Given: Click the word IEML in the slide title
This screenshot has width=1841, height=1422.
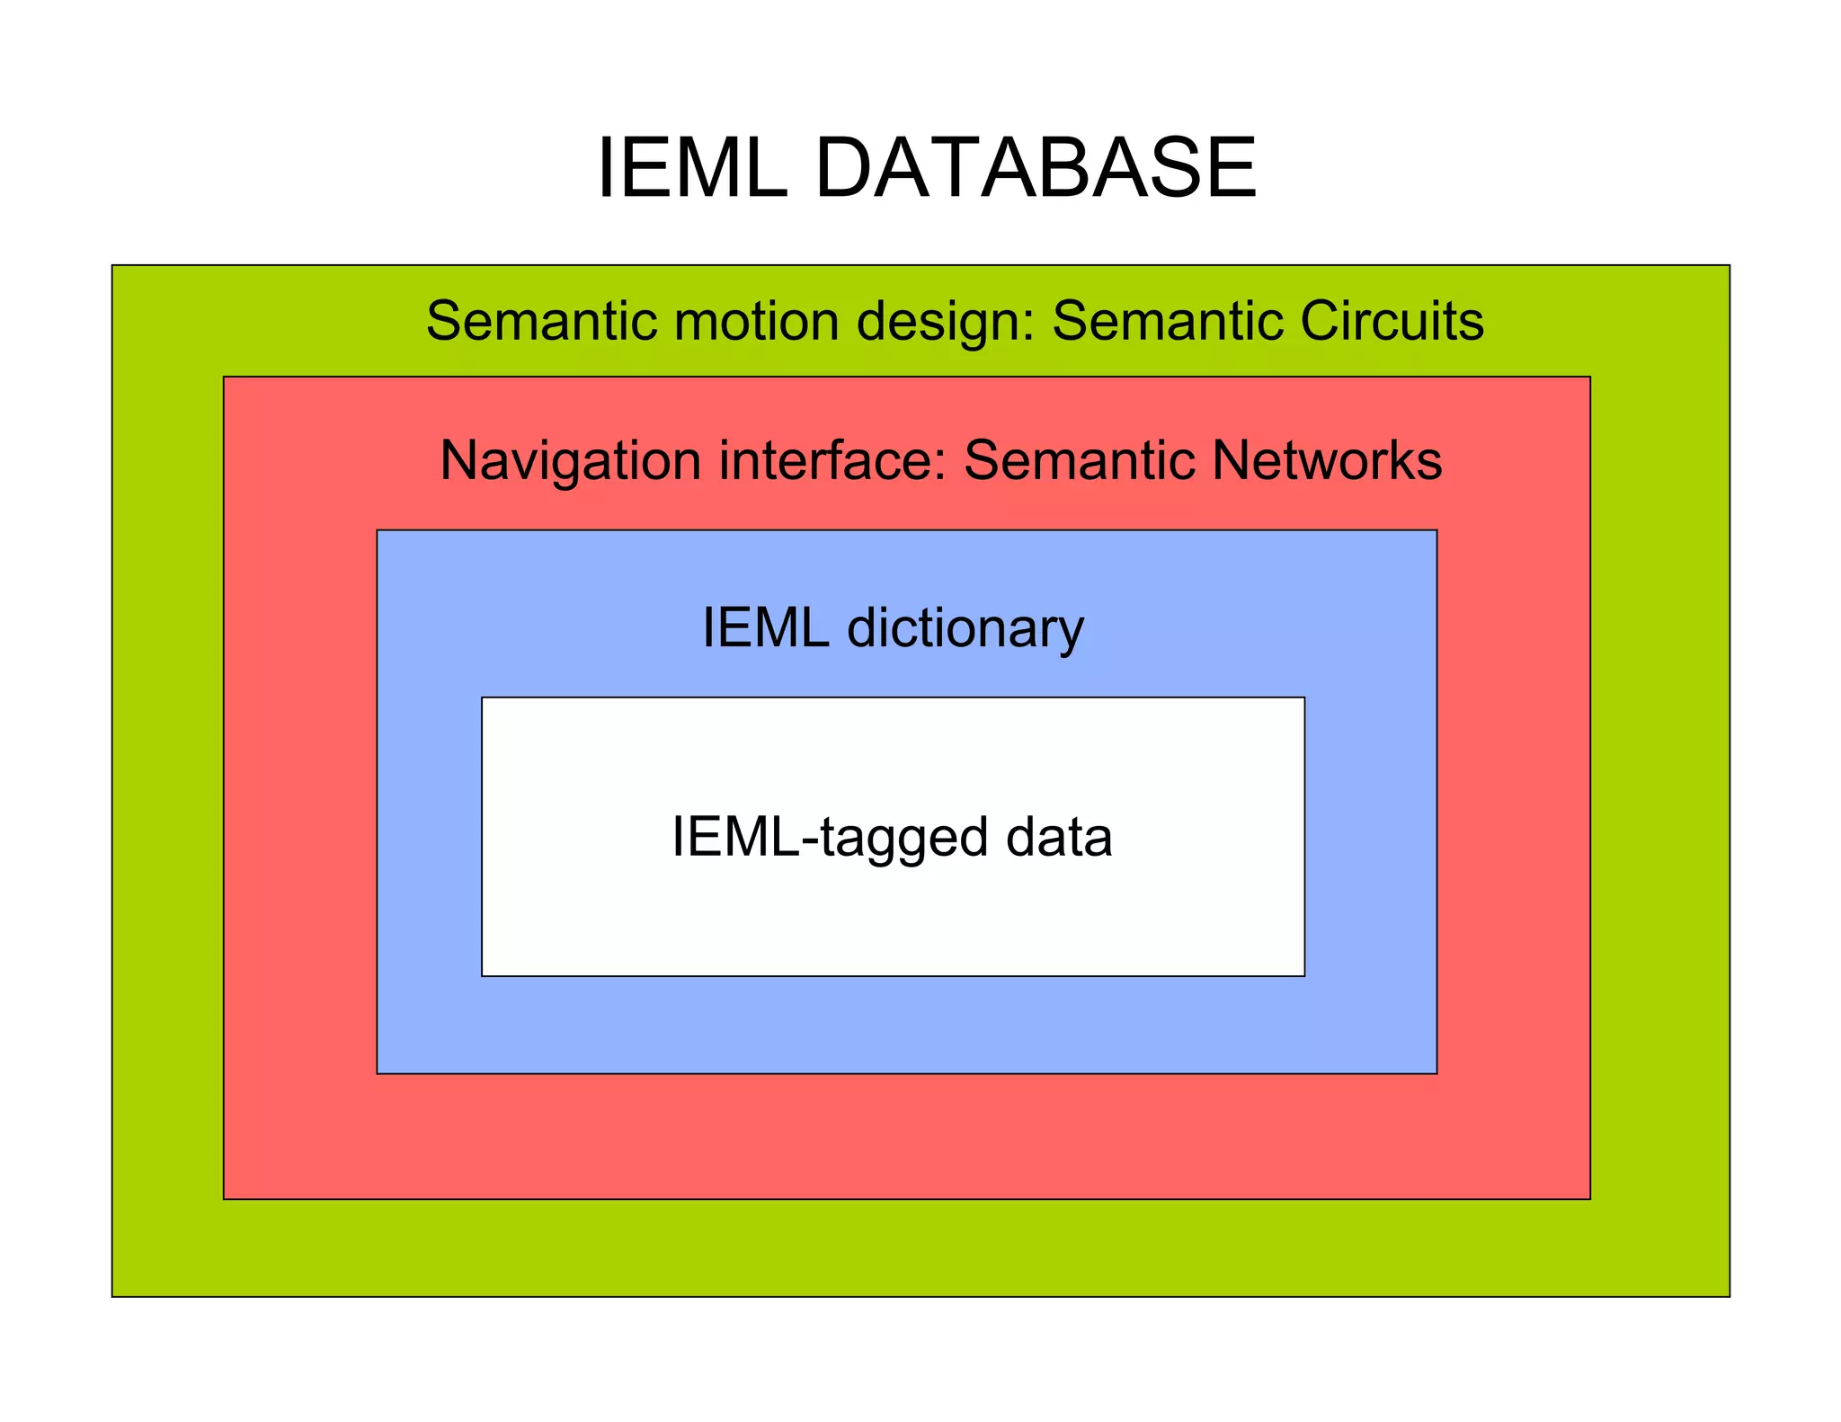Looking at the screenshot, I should [691, 168].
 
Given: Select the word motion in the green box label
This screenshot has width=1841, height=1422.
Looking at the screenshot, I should [755, 321].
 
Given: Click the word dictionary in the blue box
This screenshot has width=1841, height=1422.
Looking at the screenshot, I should [965, 628].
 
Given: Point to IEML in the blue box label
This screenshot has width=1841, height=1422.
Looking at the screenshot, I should [765, 627].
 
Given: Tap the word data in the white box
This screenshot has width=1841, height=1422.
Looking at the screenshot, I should [1059, 837].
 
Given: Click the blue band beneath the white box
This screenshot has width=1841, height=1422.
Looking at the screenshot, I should [906, 1025].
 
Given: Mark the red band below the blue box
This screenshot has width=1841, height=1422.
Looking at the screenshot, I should [906, 1136].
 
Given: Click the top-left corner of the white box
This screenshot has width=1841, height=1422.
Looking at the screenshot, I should [483, 698].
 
